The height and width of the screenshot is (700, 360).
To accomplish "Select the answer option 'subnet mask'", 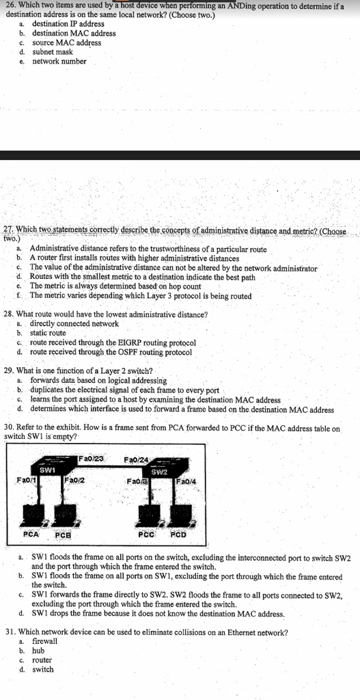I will tap(52, 52).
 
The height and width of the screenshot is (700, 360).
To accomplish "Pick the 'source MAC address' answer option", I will tap(66, 42).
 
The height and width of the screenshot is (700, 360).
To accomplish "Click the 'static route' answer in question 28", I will tap(48, 333).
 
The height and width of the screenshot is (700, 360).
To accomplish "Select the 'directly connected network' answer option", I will tap(74, 323).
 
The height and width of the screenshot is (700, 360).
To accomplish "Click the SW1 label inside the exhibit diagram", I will tap(48, 470).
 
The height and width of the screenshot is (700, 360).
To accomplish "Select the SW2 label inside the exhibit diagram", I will tap(158, 472).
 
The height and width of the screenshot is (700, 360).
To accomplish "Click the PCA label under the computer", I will tap(31, 533).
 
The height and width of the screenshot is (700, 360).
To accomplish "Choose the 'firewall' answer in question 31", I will tap(45, 641).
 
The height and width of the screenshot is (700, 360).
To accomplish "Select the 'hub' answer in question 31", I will tap(38, 651).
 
